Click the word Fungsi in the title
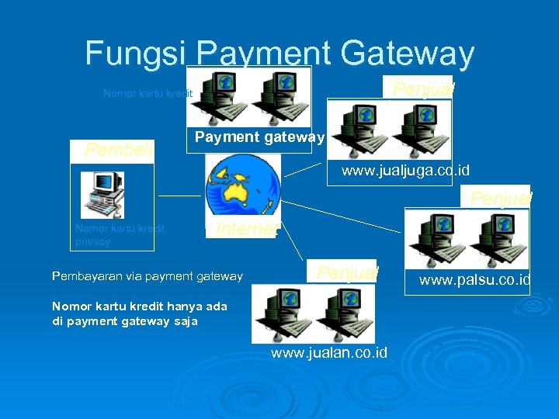tap(137, 54)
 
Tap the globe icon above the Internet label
tap(242, 185)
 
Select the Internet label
tap(246, 229)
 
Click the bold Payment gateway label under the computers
tap(259, 137)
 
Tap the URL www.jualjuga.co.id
tap(405, 170)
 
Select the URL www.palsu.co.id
tap(474, 279)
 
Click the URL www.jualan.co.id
tap(328, 353)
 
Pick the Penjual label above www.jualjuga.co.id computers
tap(422, 88)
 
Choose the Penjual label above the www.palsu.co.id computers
tap(500, 198)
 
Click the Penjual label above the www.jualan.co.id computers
tap(346, 272)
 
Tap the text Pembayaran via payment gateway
tap(147, 276)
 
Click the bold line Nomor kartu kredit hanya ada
tap(139, 306)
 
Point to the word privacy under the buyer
tap(92, 241)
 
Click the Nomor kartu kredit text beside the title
tap(148, 94)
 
